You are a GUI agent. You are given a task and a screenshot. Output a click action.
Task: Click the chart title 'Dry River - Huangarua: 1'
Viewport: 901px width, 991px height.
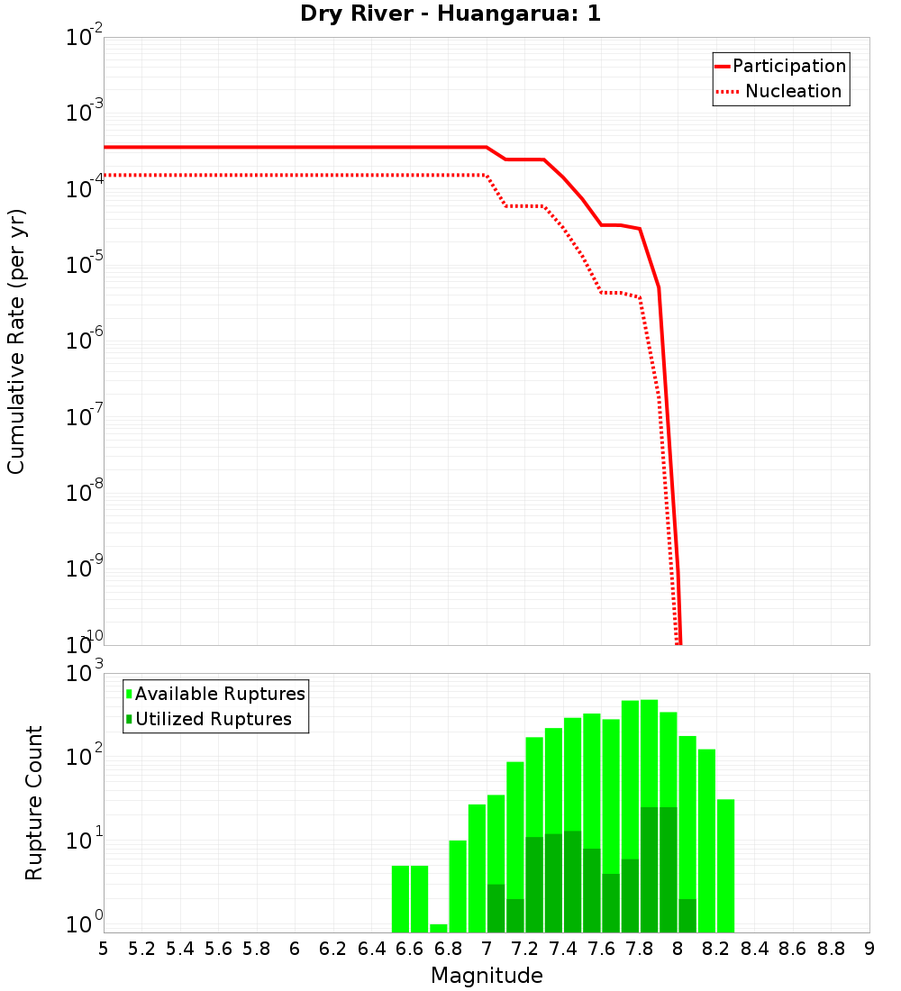[x=450, y=14]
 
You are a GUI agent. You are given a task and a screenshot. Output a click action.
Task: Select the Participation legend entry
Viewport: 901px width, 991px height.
[x=780, y=66]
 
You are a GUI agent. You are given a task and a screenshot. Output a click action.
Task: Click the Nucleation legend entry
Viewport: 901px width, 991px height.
[x=780, y=91]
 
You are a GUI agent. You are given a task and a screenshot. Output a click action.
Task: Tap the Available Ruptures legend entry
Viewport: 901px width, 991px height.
[x=215, y=694]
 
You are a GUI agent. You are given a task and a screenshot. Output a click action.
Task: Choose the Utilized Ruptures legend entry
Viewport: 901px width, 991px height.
[x=208, y=719]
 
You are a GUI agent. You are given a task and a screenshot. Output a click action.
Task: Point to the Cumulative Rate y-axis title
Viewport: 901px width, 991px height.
[x=16, y=341]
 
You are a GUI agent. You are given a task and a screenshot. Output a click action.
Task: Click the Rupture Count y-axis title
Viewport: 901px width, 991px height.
[x=34, y=803]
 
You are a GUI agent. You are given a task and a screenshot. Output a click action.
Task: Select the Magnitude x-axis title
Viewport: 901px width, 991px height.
[x=487, y=976]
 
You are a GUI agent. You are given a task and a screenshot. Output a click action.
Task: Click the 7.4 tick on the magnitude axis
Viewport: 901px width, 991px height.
[x=563, y=949]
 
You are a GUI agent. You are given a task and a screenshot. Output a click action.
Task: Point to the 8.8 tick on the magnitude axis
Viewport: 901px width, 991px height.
[x=831, y=949]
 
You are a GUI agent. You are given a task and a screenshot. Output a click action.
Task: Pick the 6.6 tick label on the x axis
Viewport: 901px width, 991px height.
[x=410, y=949]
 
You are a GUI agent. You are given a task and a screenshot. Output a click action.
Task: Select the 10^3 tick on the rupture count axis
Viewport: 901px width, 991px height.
[x=86, y=674]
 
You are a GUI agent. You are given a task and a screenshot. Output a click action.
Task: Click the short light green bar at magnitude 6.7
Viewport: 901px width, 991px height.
[x=439, y=928]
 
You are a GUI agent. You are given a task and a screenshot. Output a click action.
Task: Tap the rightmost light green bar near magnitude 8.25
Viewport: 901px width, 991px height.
[x=725, y=865]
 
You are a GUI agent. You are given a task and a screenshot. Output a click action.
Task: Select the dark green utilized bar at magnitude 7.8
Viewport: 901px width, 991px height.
[x=649, y=869]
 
